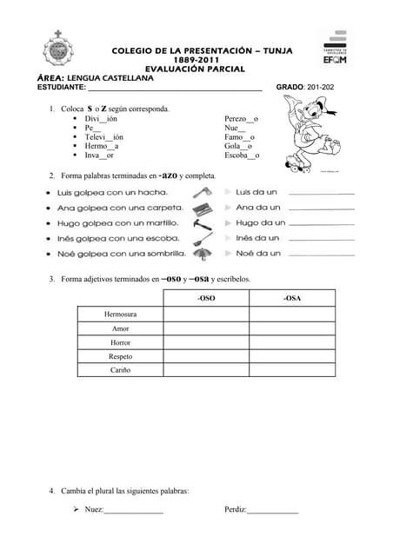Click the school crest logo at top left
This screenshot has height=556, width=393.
(58, 50)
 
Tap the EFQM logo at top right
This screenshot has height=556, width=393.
(334, 48)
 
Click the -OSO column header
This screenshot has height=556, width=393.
(206, 298)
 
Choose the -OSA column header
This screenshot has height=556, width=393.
(292, 298)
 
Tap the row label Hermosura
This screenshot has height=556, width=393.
(120, 314)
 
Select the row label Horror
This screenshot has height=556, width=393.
(120, 342)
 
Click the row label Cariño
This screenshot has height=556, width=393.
(120, 370)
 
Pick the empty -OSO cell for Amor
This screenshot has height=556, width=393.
(206, 328)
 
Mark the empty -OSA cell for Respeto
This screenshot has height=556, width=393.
(292, 356)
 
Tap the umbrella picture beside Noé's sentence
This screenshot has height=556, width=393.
(202, 254)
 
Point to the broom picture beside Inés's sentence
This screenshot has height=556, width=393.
(202, 238)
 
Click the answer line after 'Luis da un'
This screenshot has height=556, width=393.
(321, 193)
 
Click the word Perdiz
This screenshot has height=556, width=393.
(235, 510)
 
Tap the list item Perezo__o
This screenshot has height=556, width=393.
(241, 118)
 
